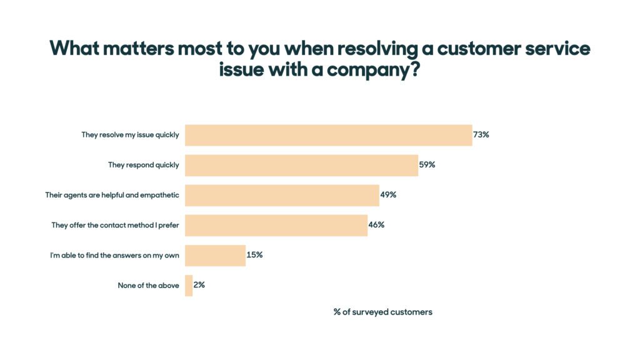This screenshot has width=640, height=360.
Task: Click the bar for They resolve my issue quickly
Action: pyautogui.click(x=328, y=135)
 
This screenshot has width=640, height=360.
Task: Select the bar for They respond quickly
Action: pyautogui.click(x=301, y=165)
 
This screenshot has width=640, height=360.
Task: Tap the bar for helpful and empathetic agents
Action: pyautogui.click(x=282, y=195)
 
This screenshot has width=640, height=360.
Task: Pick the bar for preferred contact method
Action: pyautogui.click(x=276, y=225)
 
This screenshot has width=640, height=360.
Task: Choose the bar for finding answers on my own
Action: pyautogui.click(x=215, y=255)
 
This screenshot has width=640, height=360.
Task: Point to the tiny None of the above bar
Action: pyautogui.click(x=189, y=285)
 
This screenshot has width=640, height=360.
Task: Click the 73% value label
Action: pyautogui.click(x=481, y=134)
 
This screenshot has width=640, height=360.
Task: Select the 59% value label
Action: pyautogui.click(x=427, y=165)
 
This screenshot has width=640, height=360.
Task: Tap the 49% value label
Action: pyautogui.click(x=388, y=194)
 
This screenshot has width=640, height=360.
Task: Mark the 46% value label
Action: pyautogui.click(x=376, y=224)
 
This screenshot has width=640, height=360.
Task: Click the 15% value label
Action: pyautogui.click(x=254, y=255)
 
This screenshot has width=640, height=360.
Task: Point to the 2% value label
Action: pyautogui.click(x=199, y=284)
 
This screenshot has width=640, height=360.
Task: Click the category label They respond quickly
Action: pyautogui.click(x=143, y=165)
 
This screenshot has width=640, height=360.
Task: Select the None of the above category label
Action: pyautogui.click(x=148, y=286)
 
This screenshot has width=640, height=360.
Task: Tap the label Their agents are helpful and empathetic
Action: pyautogui.click(x=112, y=195)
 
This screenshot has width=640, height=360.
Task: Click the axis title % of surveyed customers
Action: pyautogui.click(x=382, y=312)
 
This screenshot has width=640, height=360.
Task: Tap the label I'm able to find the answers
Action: pyautogui.click(x=114, y=255)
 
